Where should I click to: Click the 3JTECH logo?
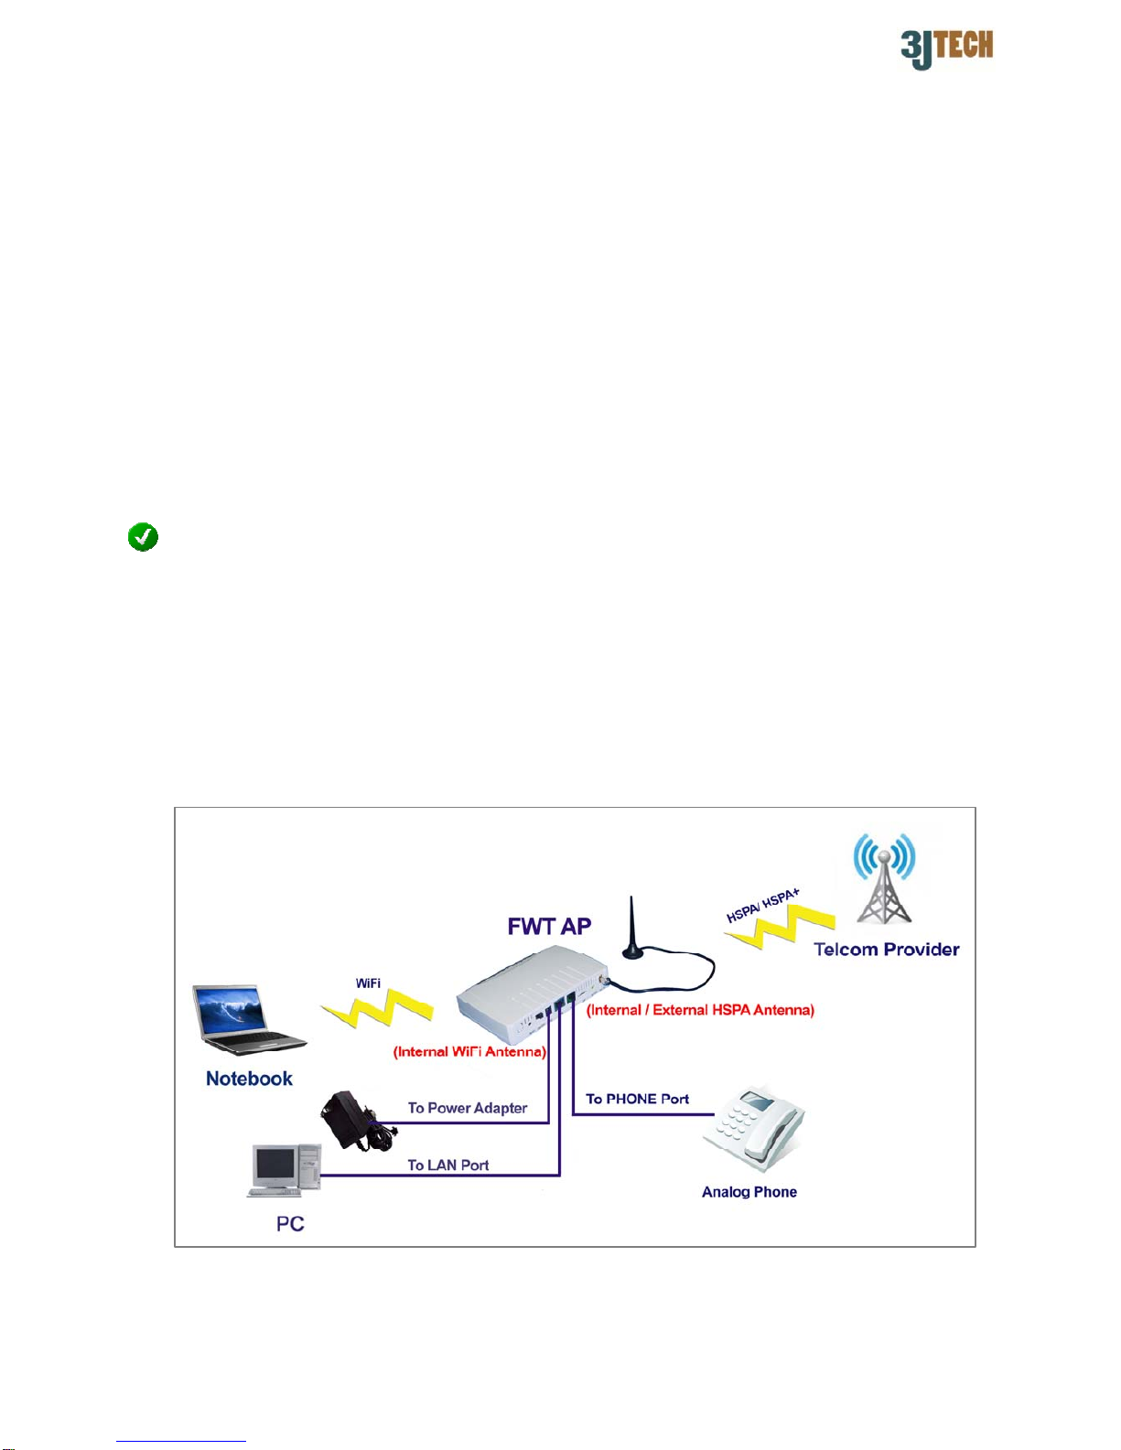(947, 49)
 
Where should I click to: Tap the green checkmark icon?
(143, 536)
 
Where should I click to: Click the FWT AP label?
(549, 926)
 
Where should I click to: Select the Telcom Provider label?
(887, 949)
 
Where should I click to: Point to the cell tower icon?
(884, 878)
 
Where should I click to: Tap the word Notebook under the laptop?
(249, 1079)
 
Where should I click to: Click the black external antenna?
(632, 928)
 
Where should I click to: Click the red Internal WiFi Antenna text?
(469, 1052)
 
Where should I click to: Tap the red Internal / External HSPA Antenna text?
(701, 1010)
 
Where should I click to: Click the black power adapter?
(356, 1121)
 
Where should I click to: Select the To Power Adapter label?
(468, 1108)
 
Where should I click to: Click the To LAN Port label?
(448, 1165)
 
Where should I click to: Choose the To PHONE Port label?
(637, 1099)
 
